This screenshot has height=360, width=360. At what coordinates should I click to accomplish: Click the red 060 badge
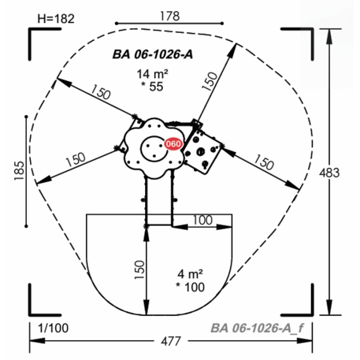(x=173, y=144)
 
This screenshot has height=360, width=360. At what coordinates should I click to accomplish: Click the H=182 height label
(x=56, y=19)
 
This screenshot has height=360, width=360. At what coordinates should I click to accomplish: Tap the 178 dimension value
(x=170, y=16)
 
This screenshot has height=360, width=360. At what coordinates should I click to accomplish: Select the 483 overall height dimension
(x=329, y=173)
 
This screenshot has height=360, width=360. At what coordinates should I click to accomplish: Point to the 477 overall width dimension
(x=171, y=341)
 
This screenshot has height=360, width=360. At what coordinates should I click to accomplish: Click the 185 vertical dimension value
(x=19, y=171)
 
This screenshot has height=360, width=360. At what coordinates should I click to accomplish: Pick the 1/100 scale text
(x=54, y=328)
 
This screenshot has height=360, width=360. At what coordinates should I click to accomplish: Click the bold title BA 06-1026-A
(x=153, y=54)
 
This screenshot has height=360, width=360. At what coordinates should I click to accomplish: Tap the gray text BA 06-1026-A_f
(x=257, y=328)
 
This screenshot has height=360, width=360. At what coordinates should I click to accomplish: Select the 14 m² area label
(x=152, y=74)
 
